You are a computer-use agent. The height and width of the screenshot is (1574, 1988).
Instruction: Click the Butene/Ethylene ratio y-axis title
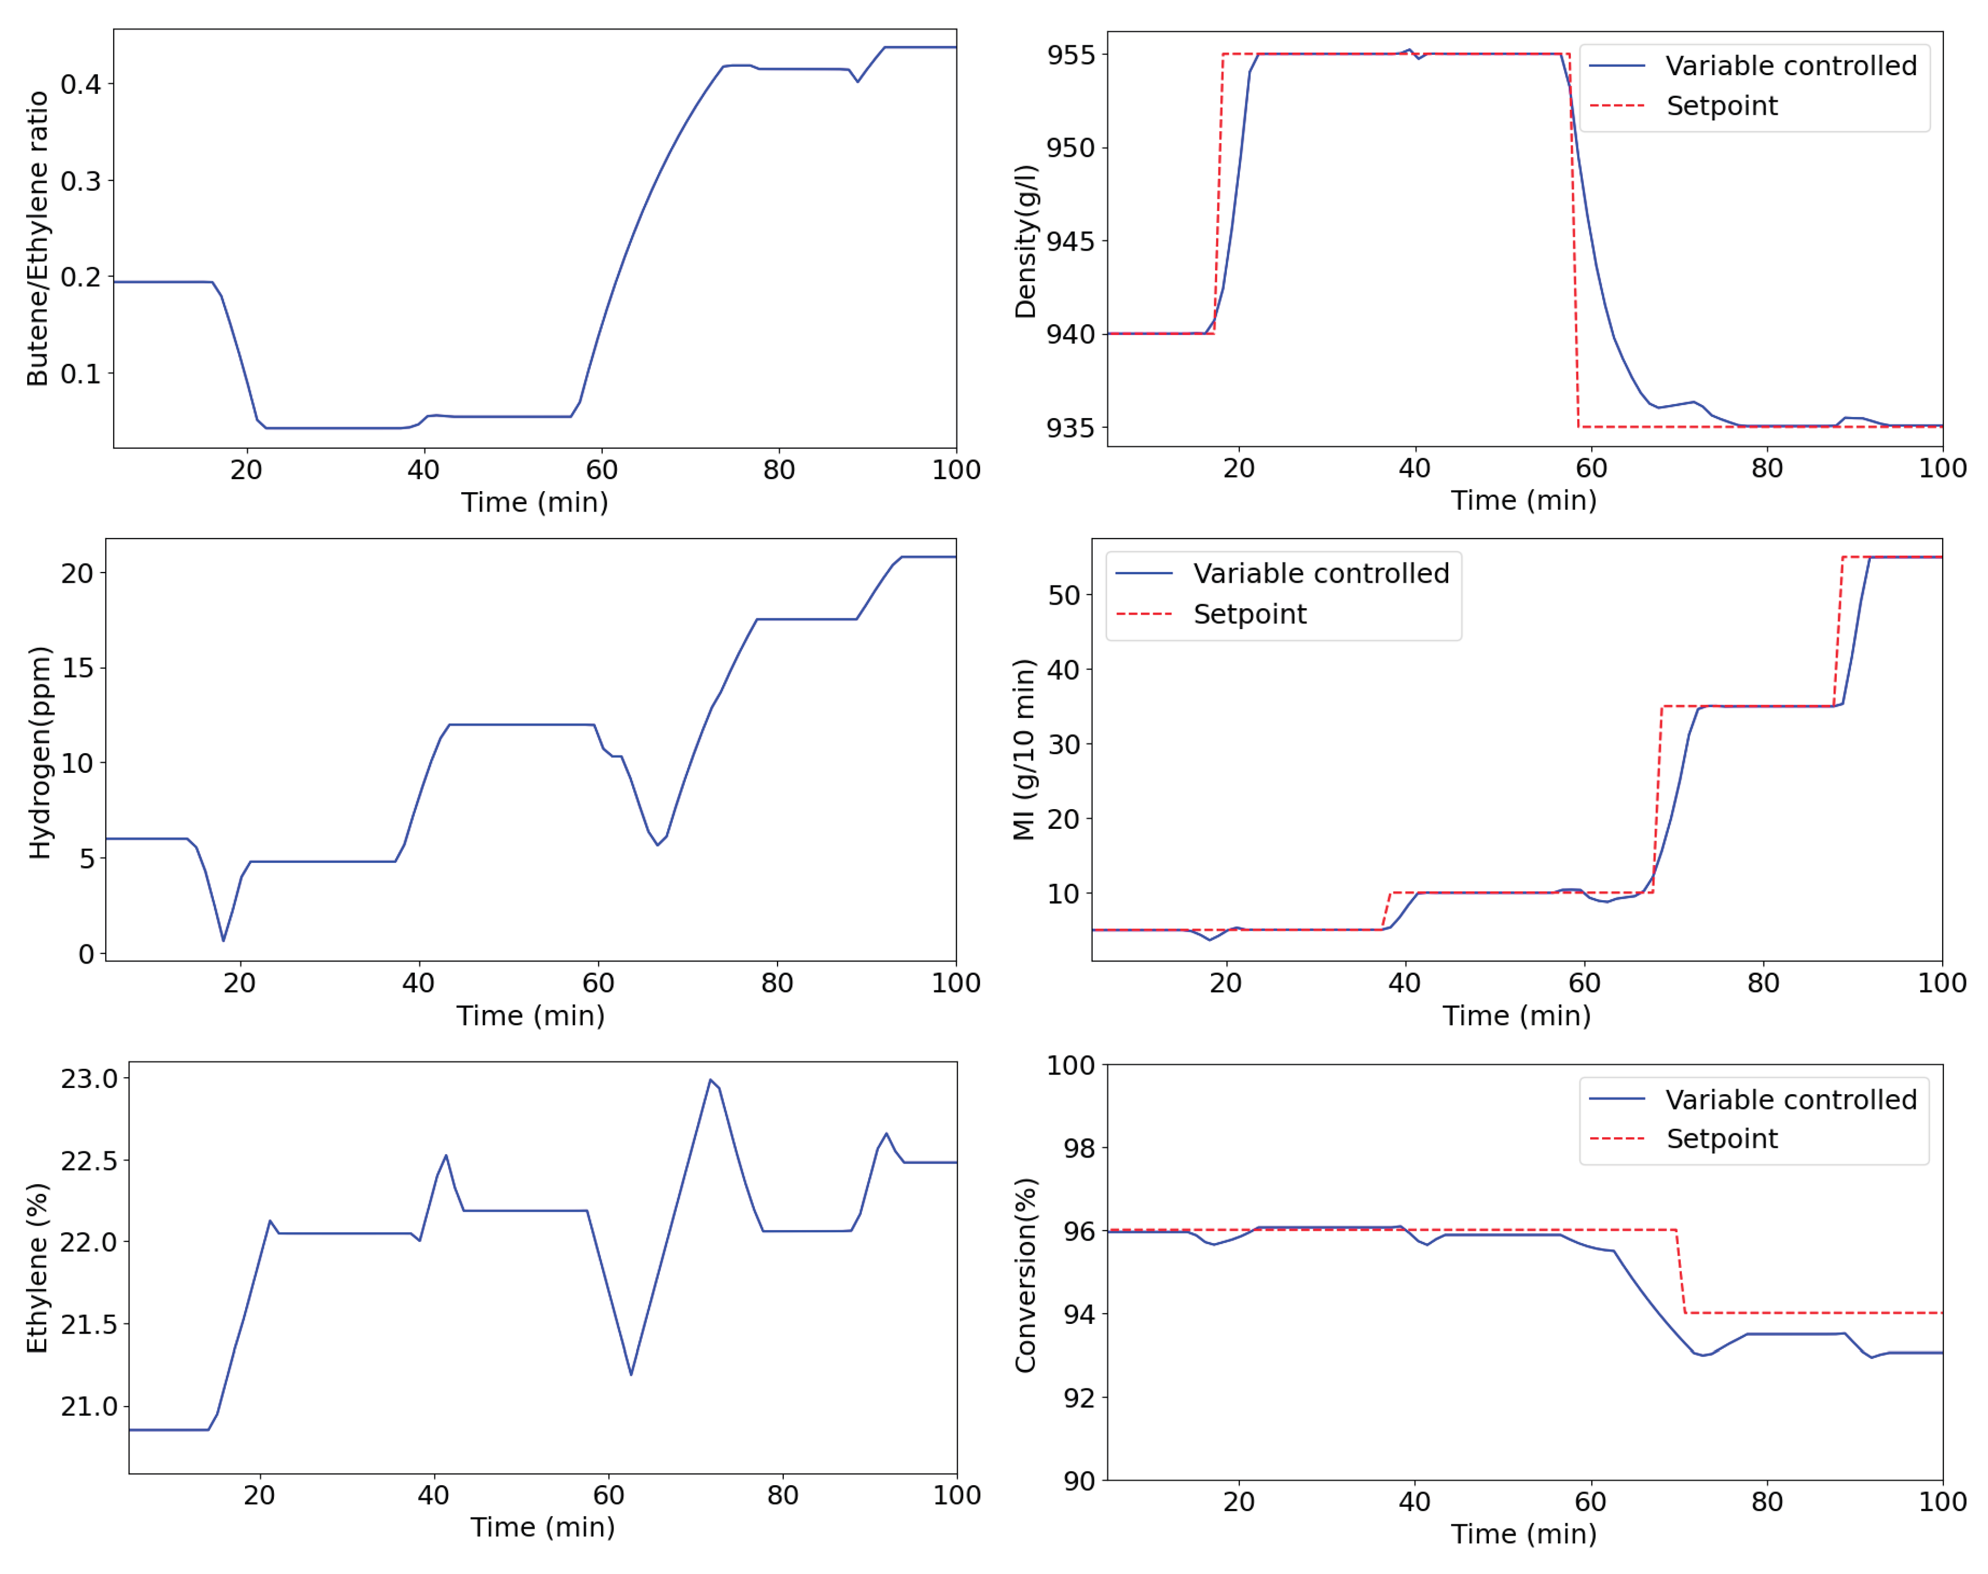(x=37, y=238)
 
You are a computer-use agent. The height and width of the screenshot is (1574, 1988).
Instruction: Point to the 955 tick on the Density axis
(x=1070, y=54)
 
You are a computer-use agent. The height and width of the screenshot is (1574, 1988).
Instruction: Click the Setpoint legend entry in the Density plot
(x=1721, y=106)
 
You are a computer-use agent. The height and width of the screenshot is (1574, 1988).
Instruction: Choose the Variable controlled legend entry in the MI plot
(x=1320, y=573)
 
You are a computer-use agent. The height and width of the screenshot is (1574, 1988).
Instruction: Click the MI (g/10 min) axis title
(x=1023, y=749)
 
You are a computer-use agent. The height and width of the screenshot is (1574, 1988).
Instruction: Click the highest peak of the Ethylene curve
(x=711, y=1079)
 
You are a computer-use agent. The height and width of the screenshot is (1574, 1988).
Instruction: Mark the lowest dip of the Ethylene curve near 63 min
(x=632, y=1374)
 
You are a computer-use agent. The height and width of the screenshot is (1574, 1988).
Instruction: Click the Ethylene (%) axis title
(x=37, y=1267)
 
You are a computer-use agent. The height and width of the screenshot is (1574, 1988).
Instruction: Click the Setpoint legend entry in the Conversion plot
(x=1721, y=1139)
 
